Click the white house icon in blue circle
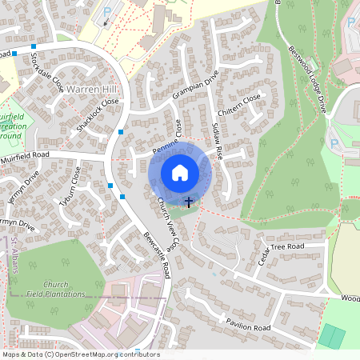tap(180, 172)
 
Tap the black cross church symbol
tap(189, 202)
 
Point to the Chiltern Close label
tap(238, 106)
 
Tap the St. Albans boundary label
tap(14, 255)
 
